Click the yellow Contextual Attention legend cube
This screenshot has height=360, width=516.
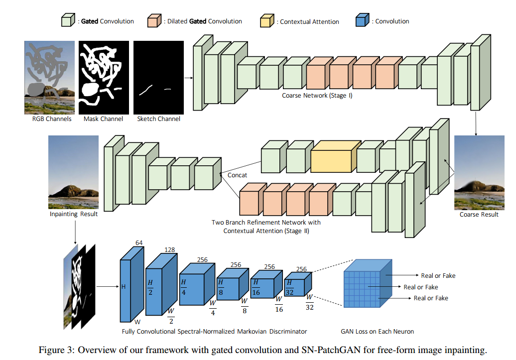point(267,21)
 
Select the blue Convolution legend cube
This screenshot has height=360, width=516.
point(362,21)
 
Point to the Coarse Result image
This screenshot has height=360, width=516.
point(479,173)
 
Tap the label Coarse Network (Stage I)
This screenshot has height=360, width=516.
point(317,95)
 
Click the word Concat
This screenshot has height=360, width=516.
point(238,175)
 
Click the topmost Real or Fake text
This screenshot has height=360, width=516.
point(438,276)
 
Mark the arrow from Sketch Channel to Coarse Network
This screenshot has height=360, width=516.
point(188,78)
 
